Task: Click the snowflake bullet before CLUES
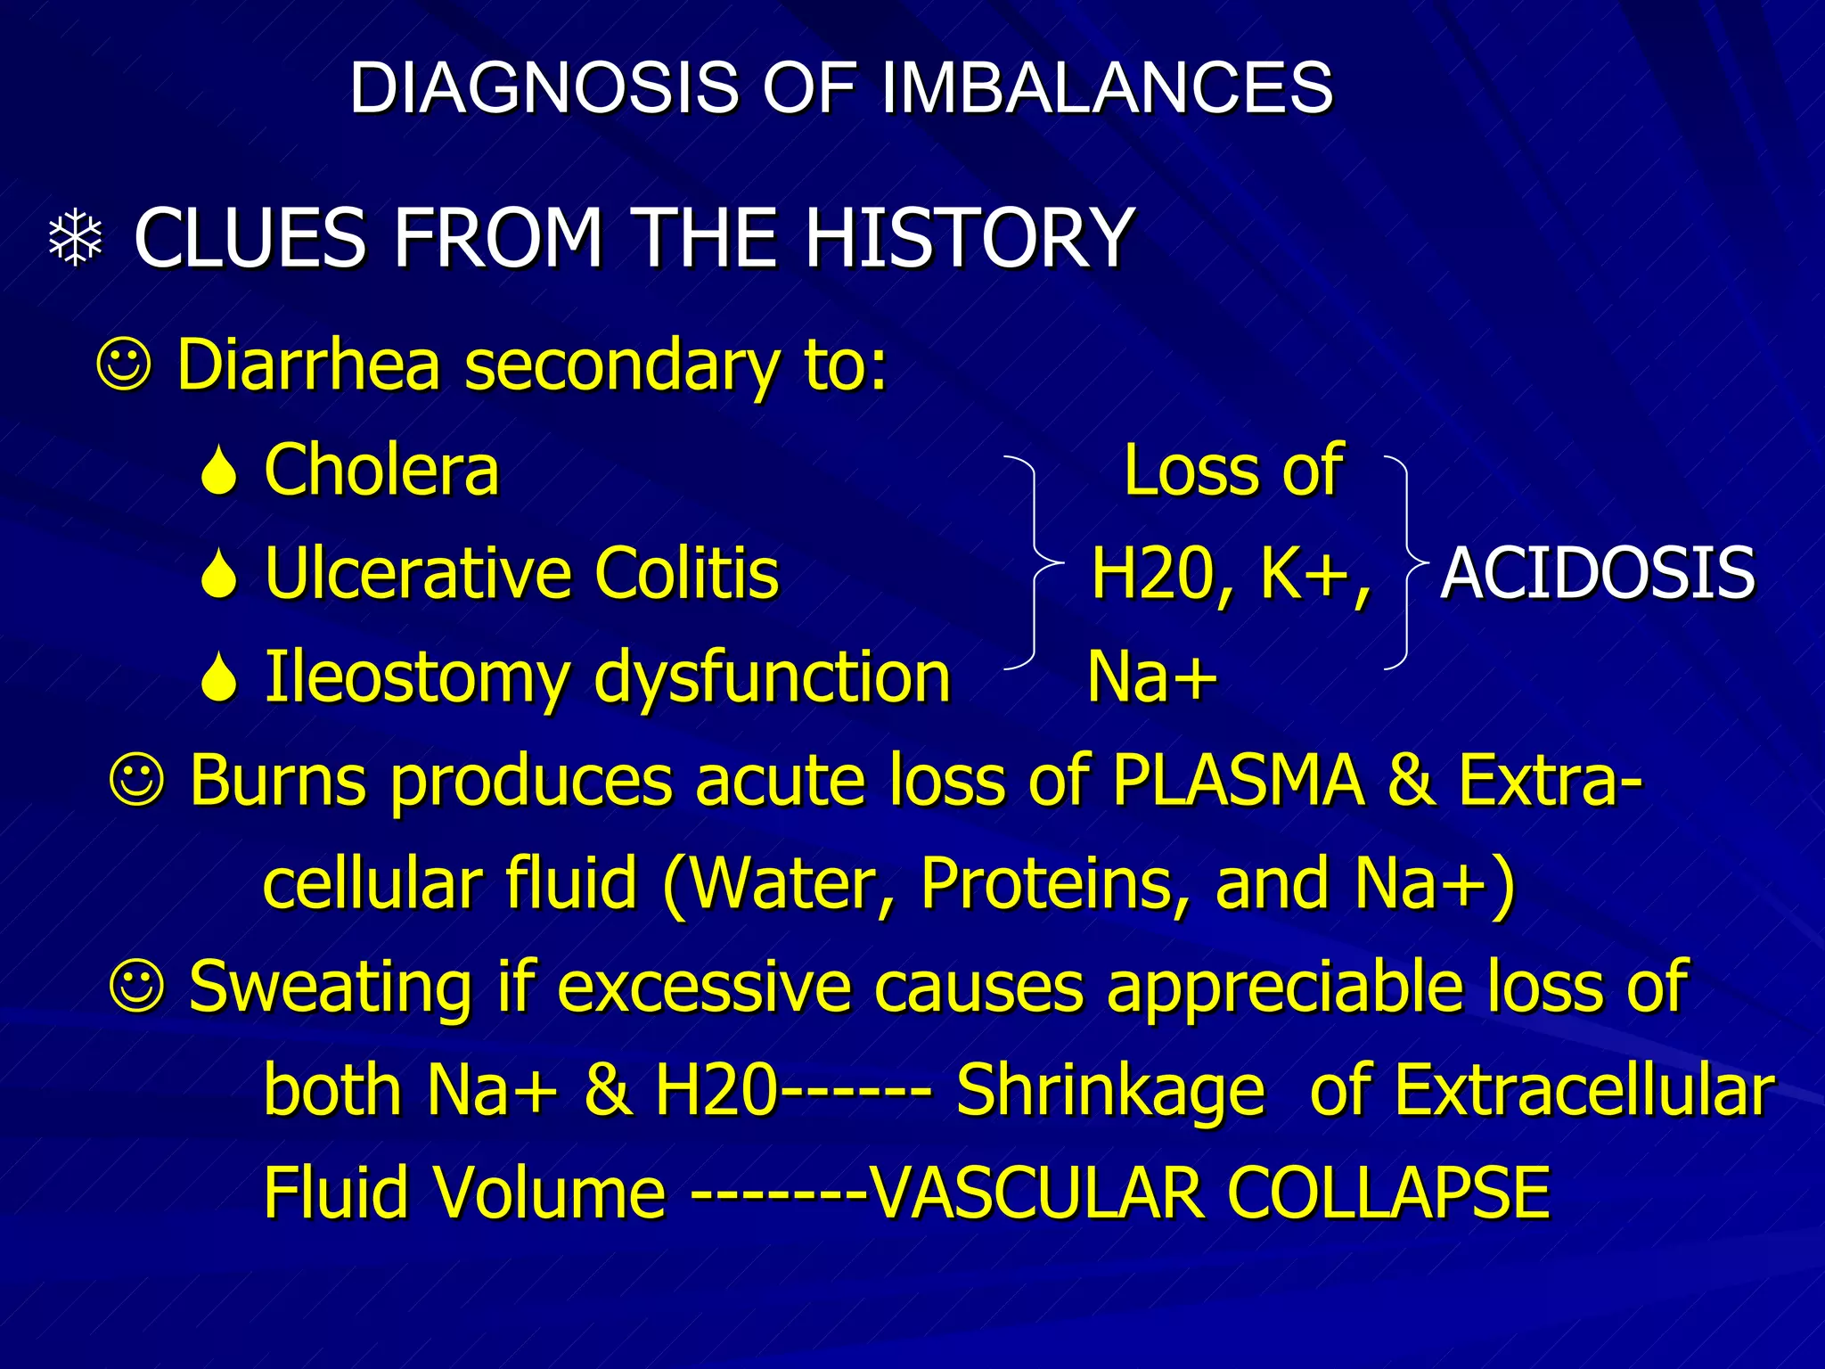pos(76,238)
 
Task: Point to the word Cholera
pos(381,470)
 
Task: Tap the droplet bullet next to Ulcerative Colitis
pos(218,575)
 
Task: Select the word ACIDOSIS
pos(1598,573)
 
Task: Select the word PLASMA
pos(1239,780)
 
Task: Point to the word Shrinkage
pos(1110,1091)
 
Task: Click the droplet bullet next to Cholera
pos(218,472)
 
